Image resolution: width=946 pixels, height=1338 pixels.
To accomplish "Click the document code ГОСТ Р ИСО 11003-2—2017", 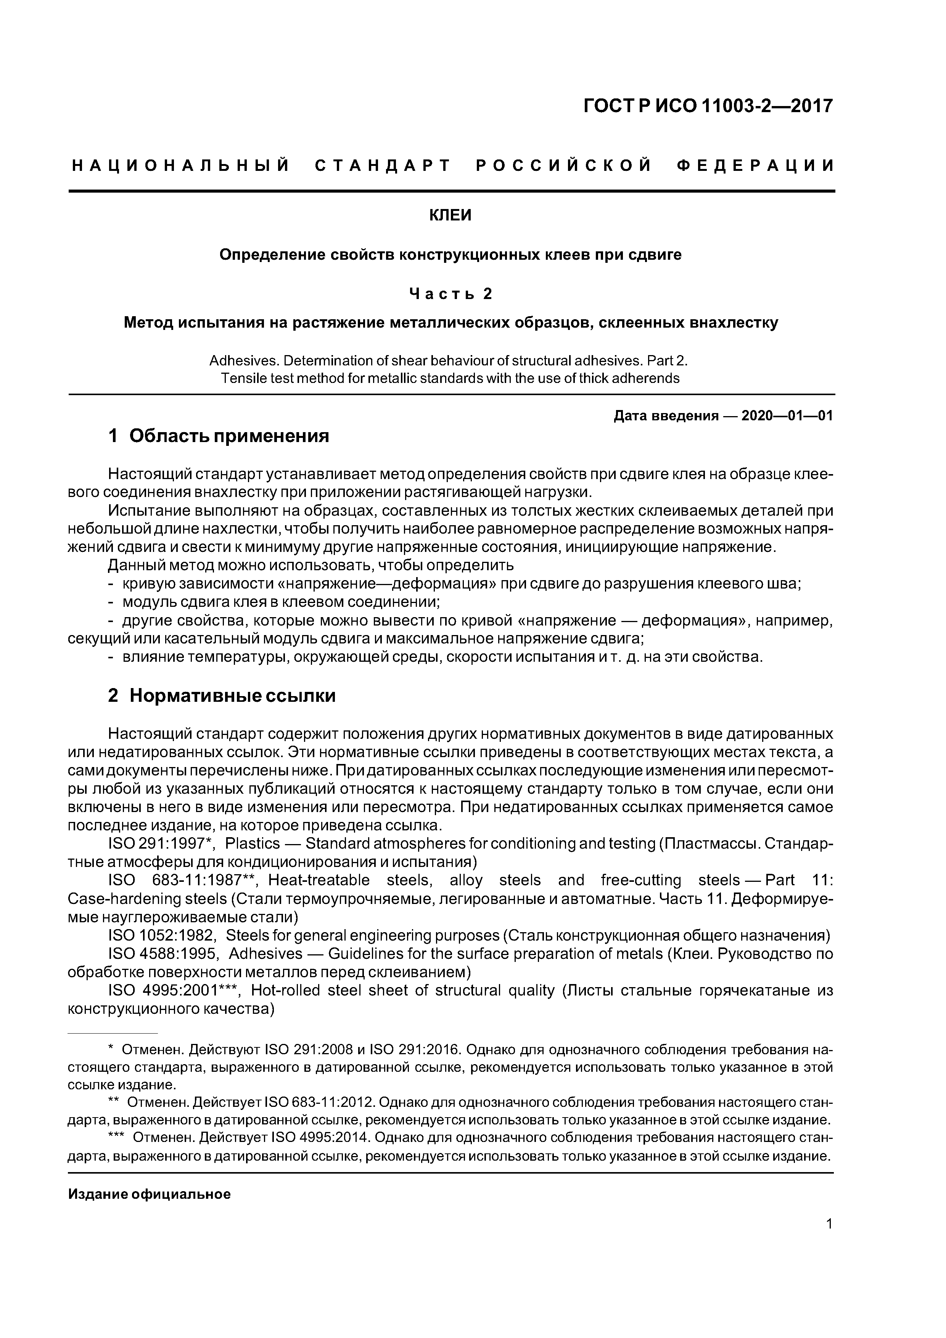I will (x=708, y=106).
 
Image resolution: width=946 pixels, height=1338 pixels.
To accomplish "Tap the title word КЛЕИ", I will (x=450, y=215).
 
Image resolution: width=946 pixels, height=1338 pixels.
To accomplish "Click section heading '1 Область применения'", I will (x=219, y=436).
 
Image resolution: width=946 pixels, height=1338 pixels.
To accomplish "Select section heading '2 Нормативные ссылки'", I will (x=222, y=695).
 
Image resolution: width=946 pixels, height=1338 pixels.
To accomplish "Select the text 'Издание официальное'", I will (x=149, y=1194).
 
